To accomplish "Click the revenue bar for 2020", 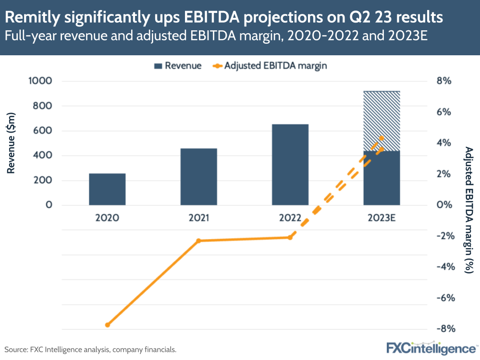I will click(107, 189).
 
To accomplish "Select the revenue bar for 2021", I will click(198, 176).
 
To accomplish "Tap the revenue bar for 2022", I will click(290, 164).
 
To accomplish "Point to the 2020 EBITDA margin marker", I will click(108, 325).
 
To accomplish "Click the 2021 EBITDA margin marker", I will click(198, 240).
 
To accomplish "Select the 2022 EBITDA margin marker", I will click(290, 237).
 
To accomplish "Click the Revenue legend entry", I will click(177, 66).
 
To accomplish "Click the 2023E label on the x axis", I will click(381, 218).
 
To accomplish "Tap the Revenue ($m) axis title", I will click(12, 143).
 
